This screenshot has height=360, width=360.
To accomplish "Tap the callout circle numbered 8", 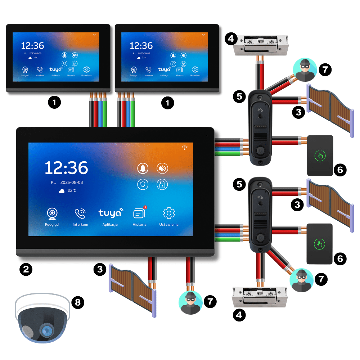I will [77, 302].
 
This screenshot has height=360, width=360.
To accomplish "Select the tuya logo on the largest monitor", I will [110, 213].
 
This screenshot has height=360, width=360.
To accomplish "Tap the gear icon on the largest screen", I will [168, 213].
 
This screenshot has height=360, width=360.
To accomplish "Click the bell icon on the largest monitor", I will [143, 168].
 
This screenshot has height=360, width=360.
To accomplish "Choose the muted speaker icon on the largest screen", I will [162, 168].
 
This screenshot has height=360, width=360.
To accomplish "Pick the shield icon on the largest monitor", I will [143, 185].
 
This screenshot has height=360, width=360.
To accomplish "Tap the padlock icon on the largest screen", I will [162, 185].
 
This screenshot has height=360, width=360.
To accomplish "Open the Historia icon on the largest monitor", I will [139, 213].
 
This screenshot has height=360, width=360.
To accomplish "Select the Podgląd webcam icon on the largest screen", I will [52, 213].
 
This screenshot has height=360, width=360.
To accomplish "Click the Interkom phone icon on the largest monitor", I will [80, 213].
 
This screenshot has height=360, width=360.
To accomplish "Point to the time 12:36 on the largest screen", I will [66, 168].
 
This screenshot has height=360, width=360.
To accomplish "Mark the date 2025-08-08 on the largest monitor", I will [72, 183].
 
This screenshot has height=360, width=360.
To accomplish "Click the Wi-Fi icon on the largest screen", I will [185, 147].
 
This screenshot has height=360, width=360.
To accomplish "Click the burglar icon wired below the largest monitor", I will [190, 303].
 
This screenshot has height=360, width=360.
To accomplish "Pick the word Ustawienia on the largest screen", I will [168, 224].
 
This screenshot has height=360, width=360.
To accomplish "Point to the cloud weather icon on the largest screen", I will [62, 191].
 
